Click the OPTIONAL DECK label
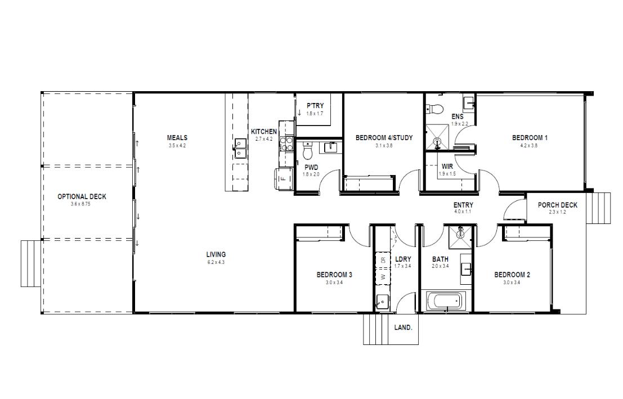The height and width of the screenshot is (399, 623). (x=82, y=196)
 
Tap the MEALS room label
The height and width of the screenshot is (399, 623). (x=177, y=137)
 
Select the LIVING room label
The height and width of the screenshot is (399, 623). (x=216, y=254)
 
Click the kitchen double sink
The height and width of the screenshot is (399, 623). (x=240, y=148)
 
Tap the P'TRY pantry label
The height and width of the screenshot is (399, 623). (x=315, y=106)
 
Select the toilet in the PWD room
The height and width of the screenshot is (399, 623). (x=307, y=151)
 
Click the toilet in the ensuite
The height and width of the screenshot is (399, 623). (x=434, y=108)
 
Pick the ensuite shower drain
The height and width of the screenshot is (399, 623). (x=437, y=140)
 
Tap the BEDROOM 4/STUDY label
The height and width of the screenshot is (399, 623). (x=384, y=137)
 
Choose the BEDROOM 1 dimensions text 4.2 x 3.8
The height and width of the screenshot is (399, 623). (x=529, y=145)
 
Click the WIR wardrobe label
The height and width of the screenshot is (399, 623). (x=447, y=167)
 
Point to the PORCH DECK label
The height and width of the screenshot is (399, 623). (x=558, y=205)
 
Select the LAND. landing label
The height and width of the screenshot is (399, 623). (x=404, y=328)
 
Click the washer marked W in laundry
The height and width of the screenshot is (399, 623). (x=383, y=277)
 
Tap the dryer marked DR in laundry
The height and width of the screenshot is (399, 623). (x=383, y=261)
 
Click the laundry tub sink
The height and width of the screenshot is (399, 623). (x=382, y=302)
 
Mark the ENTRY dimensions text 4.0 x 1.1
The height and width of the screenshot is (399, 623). (x=463, y=212)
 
